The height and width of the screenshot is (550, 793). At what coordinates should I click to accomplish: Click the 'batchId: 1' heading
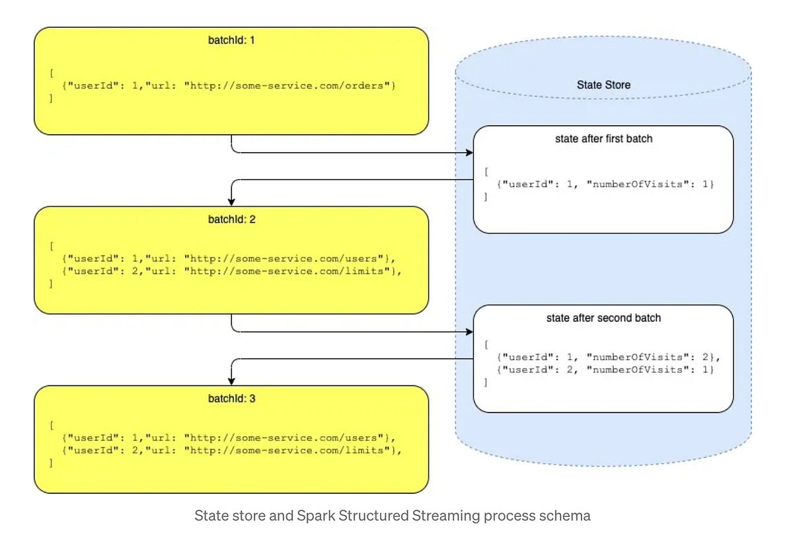pyautogui.click(x=231, y=40)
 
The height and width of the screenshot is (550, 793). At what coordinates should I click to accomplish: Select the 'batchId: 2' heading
pyautogui.click(x=231, y=219)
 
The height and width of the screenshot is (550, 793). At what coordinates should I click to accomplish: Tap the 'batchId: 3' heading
pyautogui.click(x=231, y=399)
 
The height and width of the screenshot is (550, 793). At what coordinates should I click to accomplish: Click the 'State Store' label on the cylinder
pyautogui.click(x=603, y=85)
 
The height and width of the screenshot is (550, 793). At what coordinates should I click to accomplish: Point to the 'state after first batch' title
pyautogui.click(x=603, y=139)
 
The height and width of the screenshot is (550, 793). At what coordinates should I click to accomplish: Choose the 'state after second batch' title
pyautogui.click(x=603, y=318)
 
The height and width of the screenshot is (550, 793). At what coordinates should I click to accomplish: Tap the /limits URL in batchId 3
pyautogui.click(x=287, y=450)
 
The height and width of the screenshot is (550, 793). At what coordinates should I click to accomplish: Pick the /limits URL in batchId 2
pyautogui.click(x=287, y=271)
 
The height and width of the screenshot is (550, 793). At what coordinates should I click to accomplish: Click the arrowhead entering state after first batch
pyautogui.click(x=470, y=153)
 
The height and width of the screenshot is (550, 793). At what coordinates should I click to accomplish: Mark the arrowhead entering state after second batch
pyautogui.click(x=470, y=332)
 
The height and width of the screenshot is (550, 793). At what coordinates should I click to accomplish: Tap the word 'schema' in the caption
pyautogui.click(x=568, y=516)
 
